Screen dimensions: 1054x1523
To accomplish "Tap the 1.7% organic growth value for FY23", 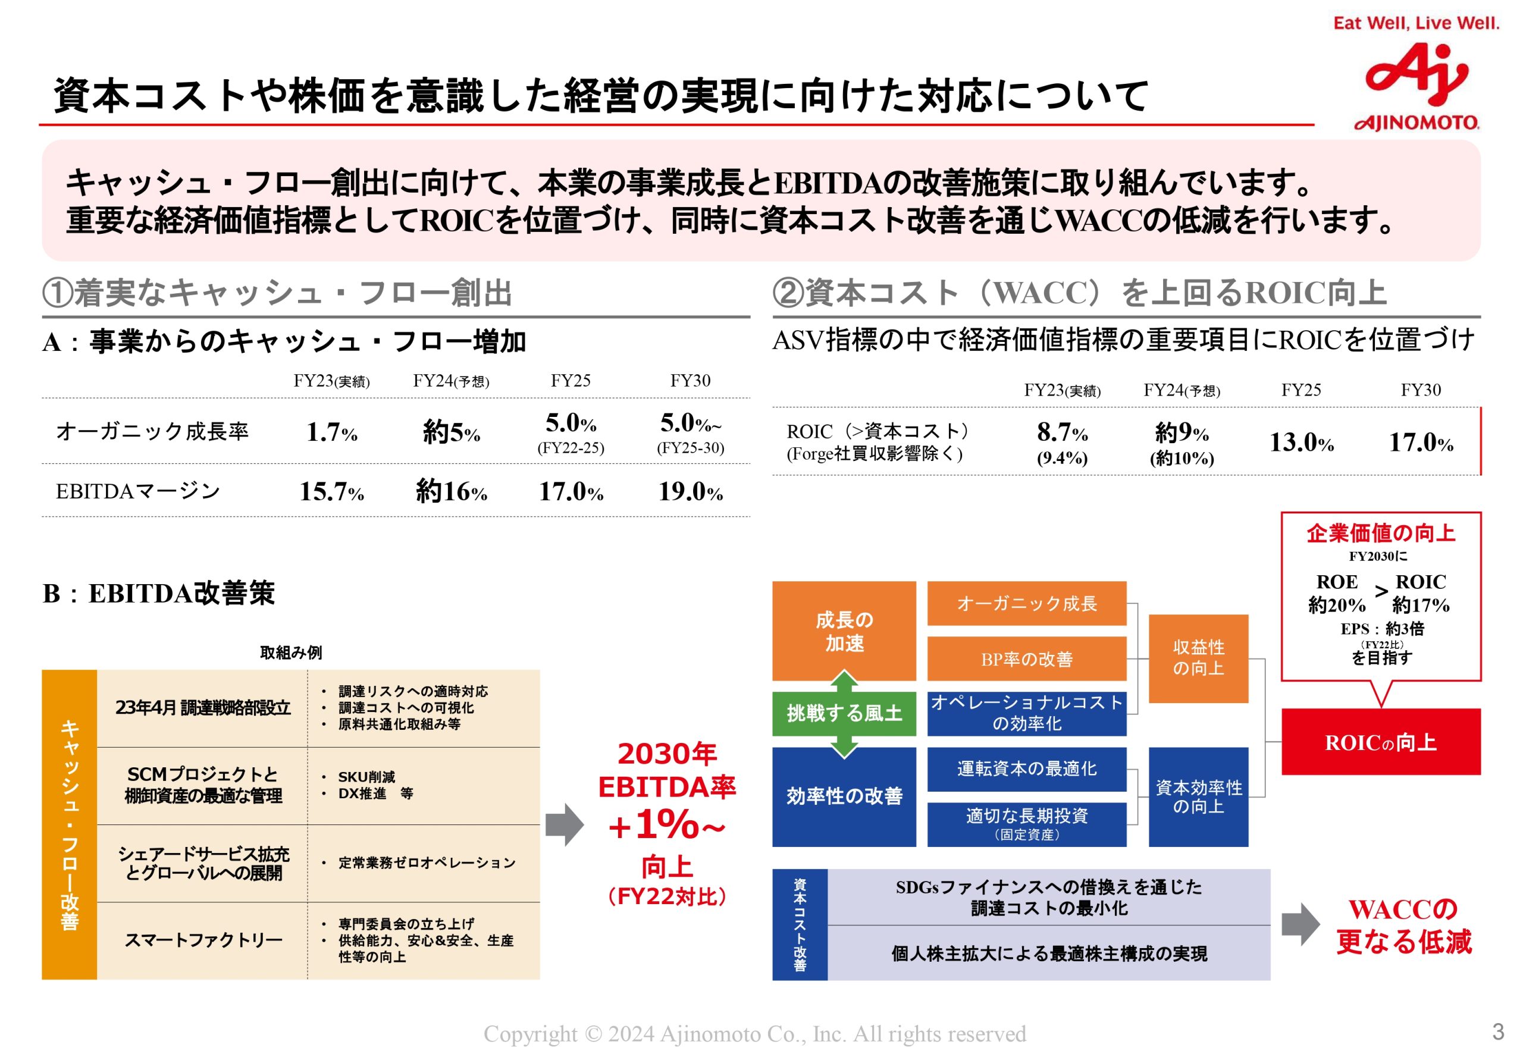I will pos(331,432).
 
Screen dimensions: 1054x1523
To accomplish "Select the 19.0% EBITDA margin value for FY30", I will pos(690,491).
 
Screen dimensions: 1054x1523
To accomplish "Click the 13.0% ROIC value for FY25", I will pos(1301,443).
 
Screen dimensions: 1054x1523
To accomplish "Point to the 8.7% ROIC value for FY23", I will pos(1062,432).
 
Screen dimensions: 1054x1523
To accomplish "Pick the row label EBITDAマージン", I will pos(137,491).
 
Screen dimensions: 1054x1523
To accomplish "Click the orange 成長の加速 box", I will pos(844,630).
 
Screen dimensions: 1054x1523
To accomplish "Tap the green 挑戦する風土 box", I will pos(844,713).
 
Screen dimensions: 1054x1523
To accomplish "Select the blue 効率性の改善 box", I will pos(844,796).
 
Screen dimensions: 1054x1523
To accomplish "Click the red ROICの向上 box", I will pos(1380,742).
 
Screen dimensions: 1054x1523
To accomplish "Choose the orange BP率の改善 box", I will pos(1026,659).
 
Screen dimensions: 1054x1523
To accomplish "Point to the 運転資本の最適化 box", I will pos(1026,768).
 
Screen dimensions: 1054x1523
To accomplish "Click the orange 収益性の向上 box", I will pos(1198,658).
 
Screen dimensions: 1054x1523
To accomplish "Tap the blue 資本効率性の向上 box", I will pos(1198,796).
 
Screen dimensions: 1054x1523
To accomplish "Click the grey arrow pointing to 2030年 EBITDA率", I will pos(565,824).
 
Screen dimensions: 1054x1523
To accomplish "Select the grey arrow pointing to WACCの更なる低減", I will pos(1300,924).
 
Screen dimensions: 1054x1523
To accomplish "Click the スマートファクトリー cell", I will pos(203,940).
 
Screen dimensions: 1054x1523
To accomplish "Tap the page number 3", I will pos(1498,1031).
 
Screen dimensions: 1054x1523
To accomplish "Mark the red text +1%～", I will pos(667,826).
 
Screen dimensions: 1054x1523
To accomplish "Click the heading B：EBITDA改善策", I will pos(158,594).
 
